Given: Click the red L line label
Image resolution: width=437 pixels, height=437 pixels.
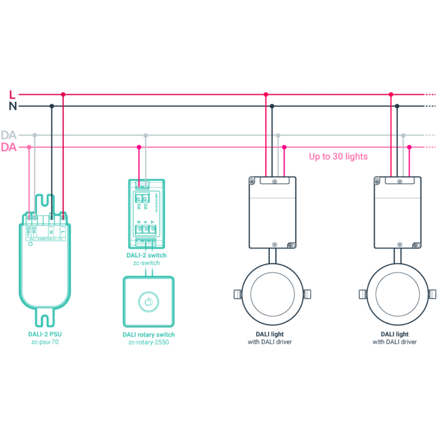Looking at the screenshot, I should [13, 94].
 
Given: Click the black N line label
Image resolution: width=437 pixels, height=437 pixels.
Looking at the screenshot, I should [13, 106].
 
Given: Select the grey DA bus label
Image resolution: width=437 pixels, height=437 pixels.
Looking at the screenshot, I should [9, 135].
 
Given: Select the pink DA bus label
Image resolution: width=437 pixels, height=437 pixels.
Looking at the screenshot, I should [9, 147].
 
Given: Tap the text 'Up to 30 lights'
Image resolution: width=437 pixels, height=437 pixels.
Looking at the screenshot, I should [338, 156].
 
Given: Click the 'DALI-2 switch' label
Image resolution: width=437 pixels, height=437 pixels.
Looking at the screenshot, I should [146, 255].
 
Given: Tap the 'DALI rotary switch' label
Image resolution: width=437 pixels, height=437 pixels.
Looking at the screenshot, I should [149, 335].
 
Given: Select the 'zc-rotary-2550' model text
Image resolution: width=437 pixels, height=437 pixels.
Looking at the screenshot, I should [149, 343].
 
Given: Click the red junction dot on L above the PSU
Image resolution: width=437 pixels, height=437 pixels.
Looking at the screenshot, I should [63, 94].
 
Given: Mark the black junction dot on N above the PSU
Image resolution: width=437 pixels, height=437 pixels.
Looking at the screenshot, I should [52, 106].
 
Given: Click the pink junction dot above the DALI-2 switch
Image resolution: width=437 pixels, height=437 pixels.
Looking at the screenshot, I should [139, 147].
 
